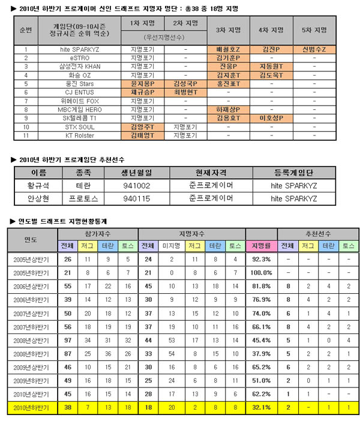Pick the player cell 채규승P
pyautogui.click(x=142, y=92)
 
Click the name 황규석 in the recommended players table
pyautogui.click(x=38, y=185)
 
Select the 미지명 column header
pyautogui.click(x=170, y=246)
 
